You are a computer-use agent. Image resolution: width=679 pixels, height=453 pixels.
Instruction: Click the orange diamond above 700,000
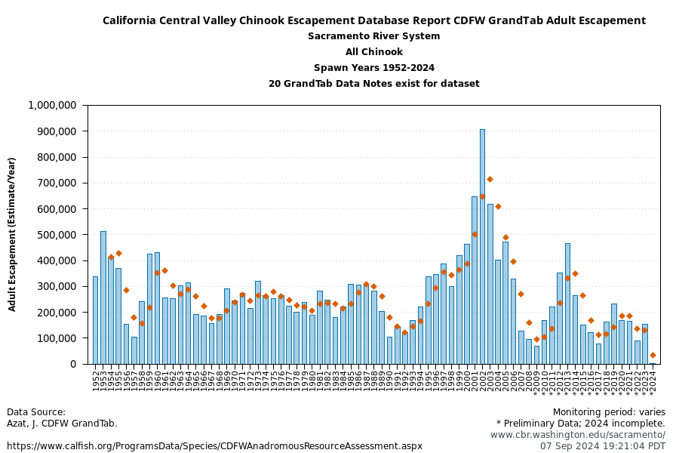490,179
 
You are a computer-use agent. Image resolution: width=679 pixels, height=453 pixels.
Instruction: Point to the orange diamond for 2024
653,355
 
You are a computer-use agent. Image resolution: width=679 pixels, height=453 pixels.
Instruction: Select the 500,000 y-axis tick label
57,235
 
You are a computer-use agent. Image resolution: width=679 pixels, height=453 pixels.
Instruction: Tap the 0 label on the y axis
73,364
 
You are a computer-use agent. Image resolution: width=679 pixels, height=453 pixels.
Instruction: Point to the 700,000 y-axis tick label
57,183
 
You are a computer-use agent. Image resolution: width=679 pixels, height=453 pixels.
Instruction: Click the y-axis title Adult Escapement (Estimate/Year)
12,234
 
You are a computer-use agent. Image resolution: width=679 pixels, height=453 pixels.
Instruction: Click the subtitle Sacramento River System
373,36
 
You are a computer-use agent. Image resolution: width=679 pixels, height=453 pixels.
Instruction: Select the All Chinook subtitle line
373,52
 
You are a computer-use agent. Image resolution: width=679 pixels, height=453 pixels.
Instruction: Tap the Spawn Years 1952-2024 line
373,68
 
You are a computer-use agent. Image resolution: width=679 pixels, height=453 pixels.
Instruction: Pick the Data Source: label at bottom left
36,412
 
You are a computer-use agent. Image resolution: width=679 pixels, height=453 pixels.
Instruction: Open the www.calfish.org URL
214,446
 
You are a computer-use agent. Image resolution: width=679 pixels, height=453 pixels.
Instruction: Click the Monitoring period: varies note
609,412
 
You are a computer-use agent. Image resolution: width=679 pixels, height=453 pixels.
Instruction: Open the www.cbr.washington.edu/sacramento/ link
578,435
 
